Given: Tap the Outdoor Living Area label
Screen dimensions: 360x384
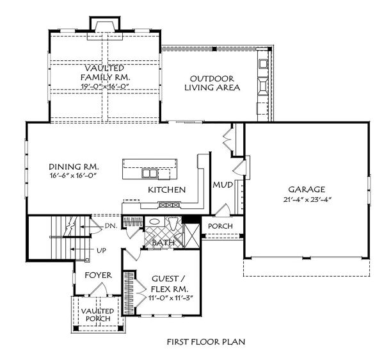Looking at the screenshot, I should [x=212, y=83].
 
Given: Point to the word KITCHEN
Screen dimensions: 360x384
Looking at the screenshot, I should [x=166, y=190].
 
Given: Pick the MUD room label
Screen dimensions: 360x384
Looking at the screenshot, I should [x=222, y=185].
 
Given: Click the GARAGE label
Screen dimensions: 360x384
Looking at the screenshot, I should [x=307, y=190].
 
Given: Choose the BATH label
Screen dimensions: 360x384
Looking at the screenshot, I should [x=163, y=243].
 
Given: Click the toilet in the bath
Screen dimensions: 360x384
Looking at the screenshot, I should [x=172, y=223].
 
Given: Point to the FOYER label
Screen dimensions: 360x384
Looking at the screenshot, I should [x=99, y=275].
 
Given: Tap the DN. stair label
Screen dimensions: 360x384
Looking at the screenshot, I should [x=111, y=226].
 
